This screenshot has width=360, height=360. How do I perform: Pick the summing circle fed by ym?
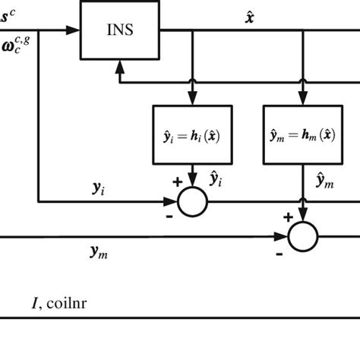pyautogui.click(x=302, y=236)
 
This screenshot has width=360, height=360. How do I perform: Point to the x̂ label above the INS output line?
pyautogui.click(x=250, y=15)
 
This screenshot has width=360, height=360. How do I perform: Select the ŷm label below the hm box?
pyautogui.click(x=325, y=178)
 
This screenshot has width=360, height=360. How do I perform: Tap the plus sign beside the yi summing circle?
pyautogui.click(x=177, y=182)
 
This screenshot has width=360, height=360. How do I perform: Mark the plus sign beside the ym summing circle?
pyautogui.click(x=288, y=216)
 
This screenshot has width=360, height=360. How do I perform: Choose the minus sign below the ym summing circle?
pyautogui.click(x=279, y=252)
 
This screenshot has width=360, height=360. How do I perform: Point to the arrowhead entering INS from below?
pyautogui.click(x=117, y=68)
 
